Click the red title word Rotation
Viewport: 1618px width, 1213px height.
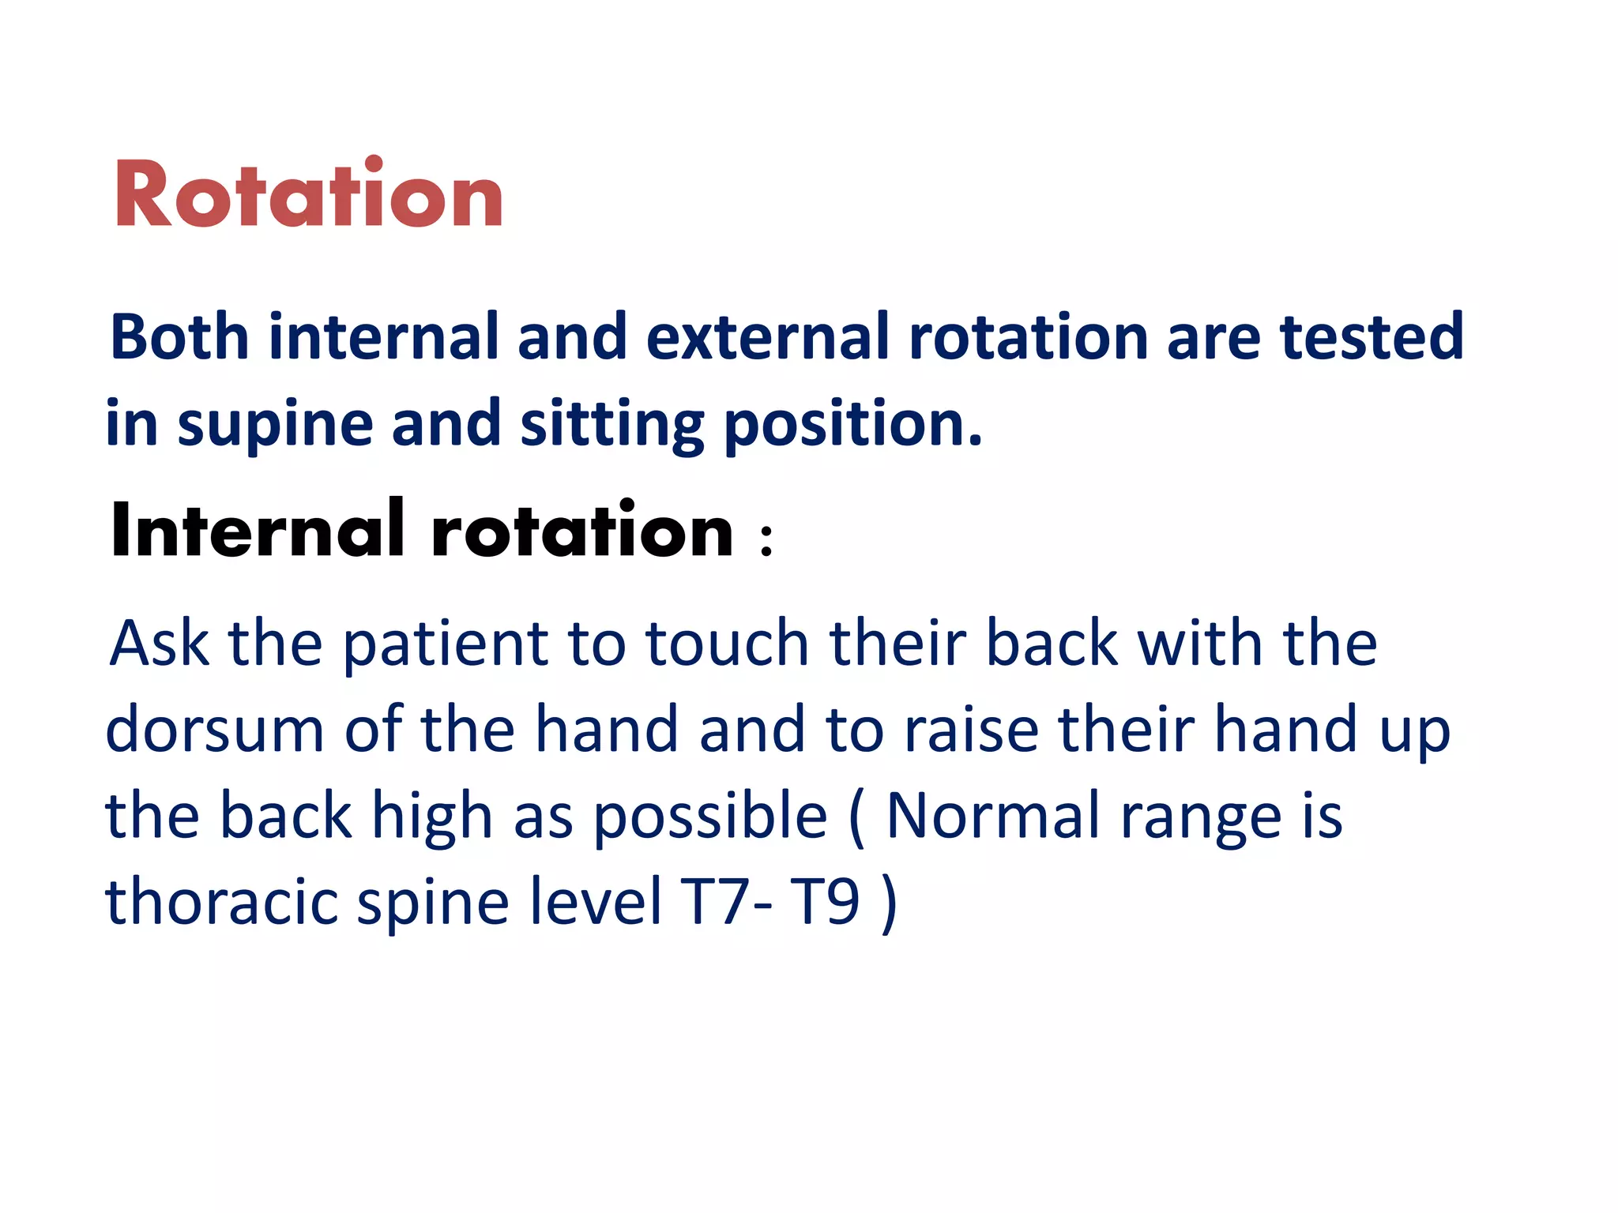tap(308, 194)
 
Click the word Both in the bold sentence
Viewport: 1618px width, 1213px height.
tap(179, 337)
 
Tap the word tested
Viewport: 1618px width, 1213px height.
tap(1372, 337)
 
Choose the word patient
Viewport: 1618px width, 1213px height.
tap(446, 644)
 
